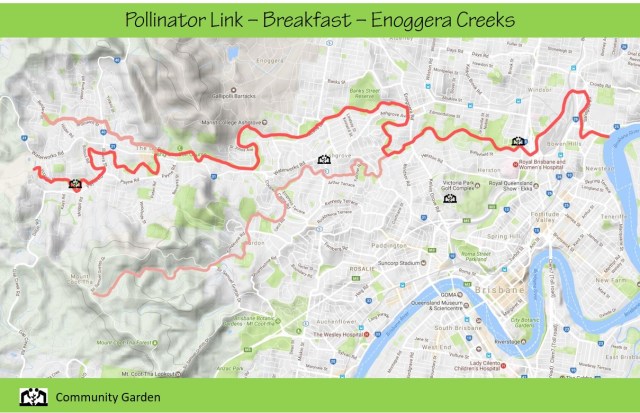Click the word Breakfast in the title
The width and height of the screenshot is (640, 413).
(306, 19)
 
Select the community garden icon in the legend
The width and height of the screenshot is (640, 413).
(33, 395)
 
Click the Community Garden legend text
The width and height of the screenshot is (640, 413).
(111, 396)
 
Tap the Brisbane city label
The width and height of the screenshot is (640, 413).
(500, 287)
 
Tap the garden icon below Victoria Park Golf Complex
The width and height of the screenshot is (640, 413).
(449, 198)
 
